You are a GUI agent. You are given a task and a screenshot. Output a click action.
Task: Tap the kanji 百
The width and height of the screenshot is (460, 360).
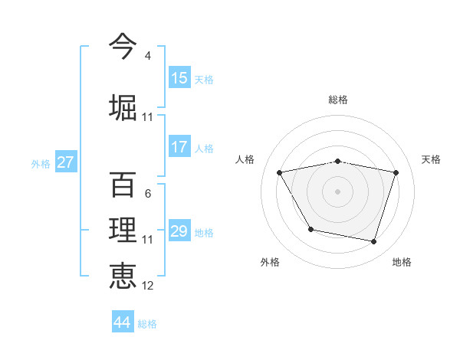[x=123, y=184]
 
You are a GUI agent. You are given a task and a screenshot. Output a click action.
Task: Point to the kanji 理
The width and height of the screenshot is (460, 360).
[x=123, y=230]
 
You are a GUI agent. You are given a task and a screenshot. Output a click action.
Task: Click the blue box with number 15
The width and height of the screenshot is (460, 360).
[x=179, y=78]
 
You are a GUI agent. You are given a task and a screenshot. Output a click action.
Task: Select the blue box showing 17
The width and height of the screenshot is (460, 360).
[x=179, y=148]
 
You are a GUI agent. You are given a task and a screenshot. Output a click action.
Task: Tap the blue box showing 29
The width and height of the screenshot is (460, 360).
[x=179, y=231]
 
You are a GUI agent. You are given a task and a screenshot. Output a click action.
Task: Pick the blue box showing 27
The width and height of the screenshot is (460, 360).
[x=66, y=162]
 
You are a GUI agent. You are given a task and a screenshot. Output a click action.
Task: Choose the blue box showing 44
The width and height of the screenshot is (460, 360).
[x=123, y=322]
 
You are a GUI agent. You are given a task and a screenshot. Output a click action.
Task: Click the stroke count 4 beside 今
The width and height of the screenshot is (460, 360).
[x=147, y=56]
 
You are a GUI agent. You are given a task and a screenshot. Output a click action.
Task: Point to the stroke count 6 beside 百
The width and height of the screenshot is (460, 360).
[x=147, y=194]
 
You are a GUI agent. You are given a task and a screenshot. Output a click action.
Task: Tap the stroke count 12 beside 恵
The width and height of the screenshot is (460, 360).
[x=147, y=286]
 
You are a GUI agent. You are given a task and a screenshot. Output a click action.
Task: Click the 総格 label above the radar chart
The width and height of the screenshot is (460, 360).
[x=338, y=100]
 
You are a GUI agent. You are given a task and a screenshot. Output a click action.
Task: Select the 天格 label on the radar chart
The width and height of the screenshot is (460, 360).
[x=432, y=159]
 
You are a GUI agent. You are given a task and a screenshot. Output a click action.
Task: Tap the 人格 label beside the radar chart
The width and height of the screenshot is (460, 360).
[x=245, y=159]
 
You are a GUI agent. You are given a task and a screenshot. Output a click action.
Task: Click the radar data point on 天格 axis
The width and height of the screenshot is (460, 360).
[x=396, y=172]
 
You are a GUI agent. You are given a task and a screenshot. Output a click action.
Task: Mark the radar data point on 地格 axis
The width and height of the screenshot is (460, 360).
[x=374, y=242]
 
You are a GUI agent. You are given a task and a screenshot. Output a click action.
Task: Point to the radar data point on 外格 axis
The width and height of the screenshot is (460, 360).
[x=310, y=229]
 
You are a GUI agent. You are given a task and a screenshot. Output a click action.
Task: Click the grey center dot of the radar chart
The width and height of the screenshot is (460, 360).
[x=338, y=191]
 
